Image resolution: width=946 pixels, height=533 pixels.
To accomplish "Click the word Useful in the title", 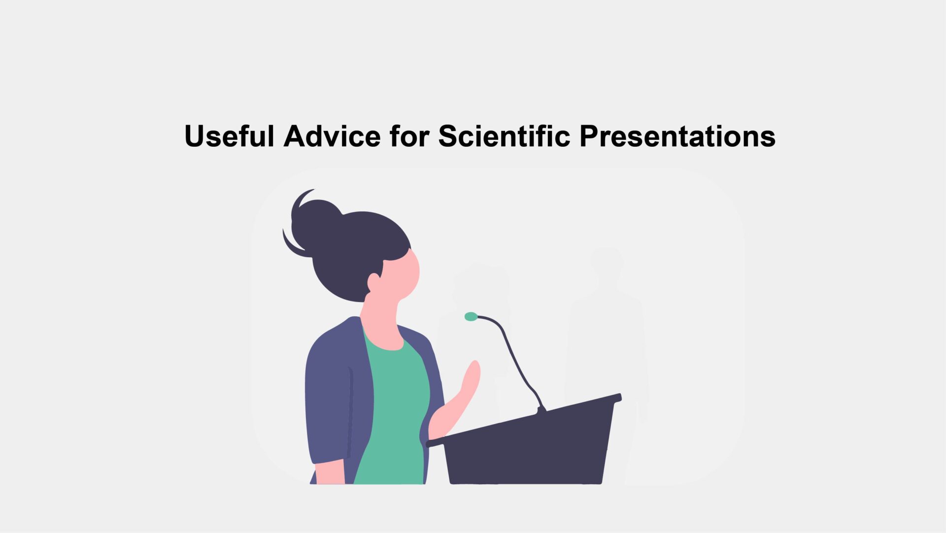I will coord(229,136).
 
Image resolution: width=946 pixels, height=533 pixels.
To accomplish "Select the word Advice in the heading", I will coord(332,136).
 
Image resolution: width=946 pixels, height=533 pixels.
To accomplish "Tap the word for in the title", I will coord(409,136).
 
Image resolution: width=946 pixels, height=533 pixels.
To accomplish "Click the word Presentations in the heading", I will coord(677,136).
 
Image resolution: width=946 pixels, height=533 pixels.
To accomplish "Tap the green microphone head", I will coord(471,317).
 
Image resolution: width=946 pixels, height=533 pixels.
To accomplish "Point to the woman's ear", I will coord(373,282).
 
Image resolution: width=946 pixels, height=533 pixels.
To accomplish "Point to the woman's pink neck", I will coord(382,320).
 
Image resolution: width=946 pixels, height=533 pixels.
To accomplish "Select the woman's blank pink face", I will coord(402,276).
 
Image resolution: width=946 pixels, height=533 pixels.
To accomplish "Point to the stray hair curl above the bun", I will coord(302,197).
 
